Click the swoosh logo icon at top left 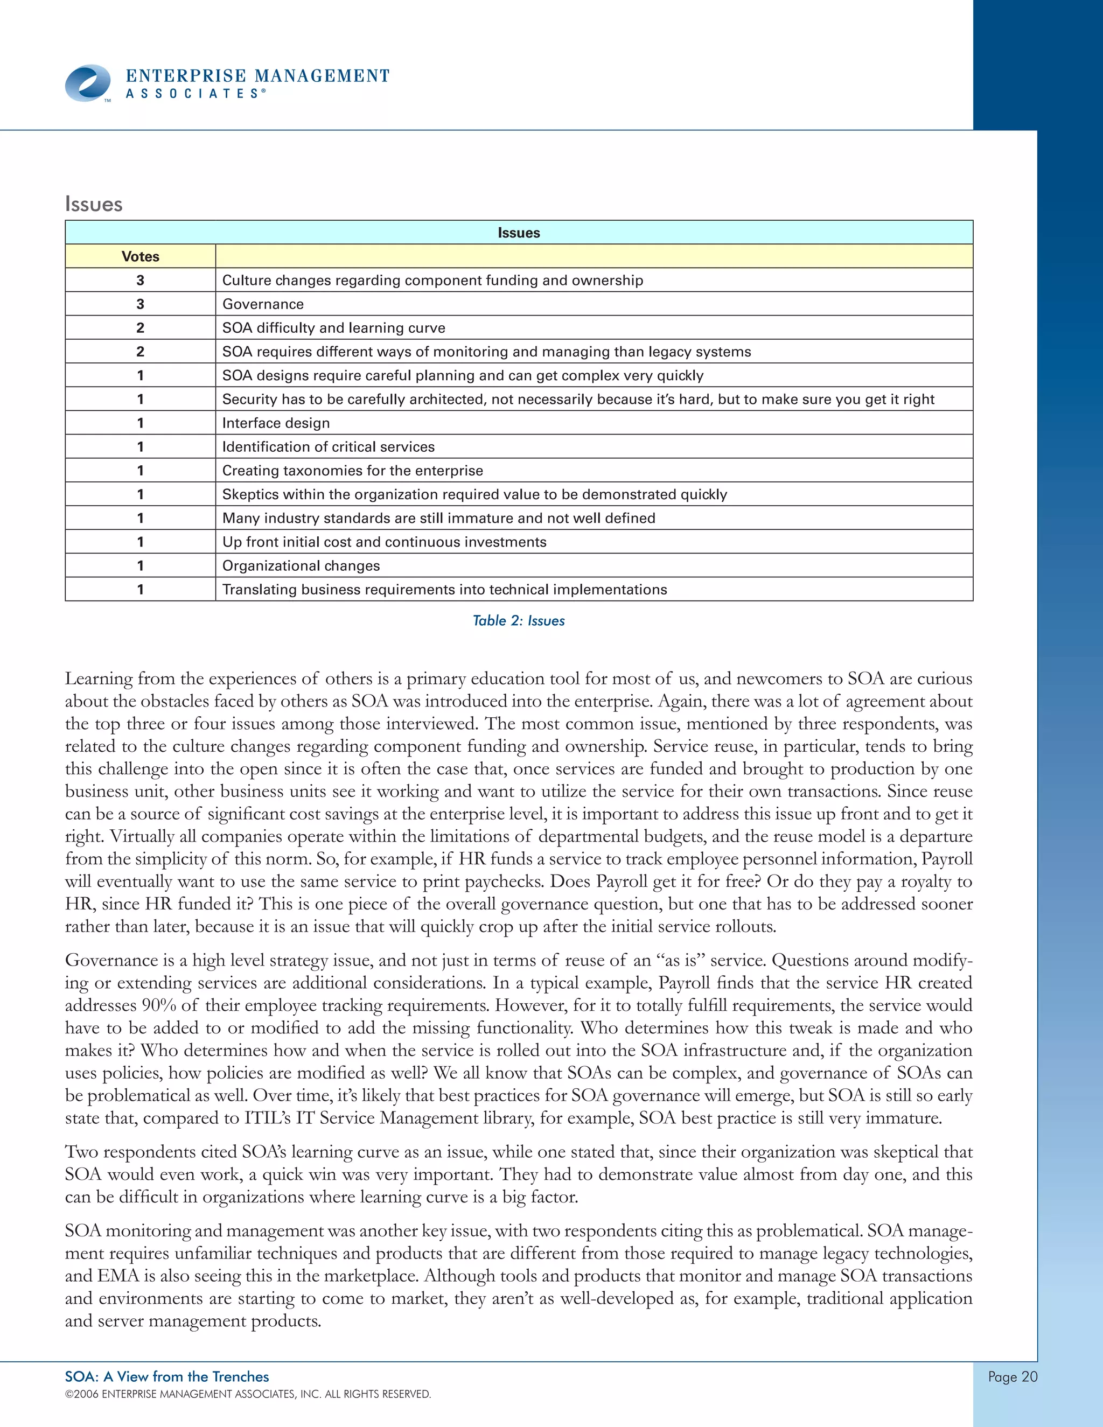pyautogui.click(x=88, y=83)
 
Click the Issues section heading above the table pyautogui.click(x=93, y=204)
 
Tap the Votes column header pyautogui.click(x=140, y=256)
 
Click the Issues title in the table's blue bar pyautogui.click(x=518, y=233)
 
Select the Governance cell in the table pyautogui.click(x=263, y=304)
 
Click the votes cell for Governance pyautogui.click(x=140, y=304)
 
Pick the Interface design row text pyautogui.click(x=276, y=423)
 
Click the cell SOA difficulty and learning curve pyautogui.click(x=333, y=327)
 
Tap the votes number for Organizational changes pyautogui.click(x=140, y=566)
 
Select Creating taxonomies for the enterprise pyautogui.click(x=352, y=471)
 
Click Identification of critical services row pyautogui.click(x=328, y=447)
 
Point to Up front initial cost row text pyautogui.click(x=383, y=542)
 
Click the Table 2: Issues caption pyautogui.click(x=518, y=621)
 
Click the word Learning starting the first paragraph pyautogui.click(x=98, y=679)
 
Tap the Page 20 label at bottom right pyautogui.click(x=1012, y=1377)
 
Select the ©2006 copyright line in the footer pyautogui.click(x=248, y=1394)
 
